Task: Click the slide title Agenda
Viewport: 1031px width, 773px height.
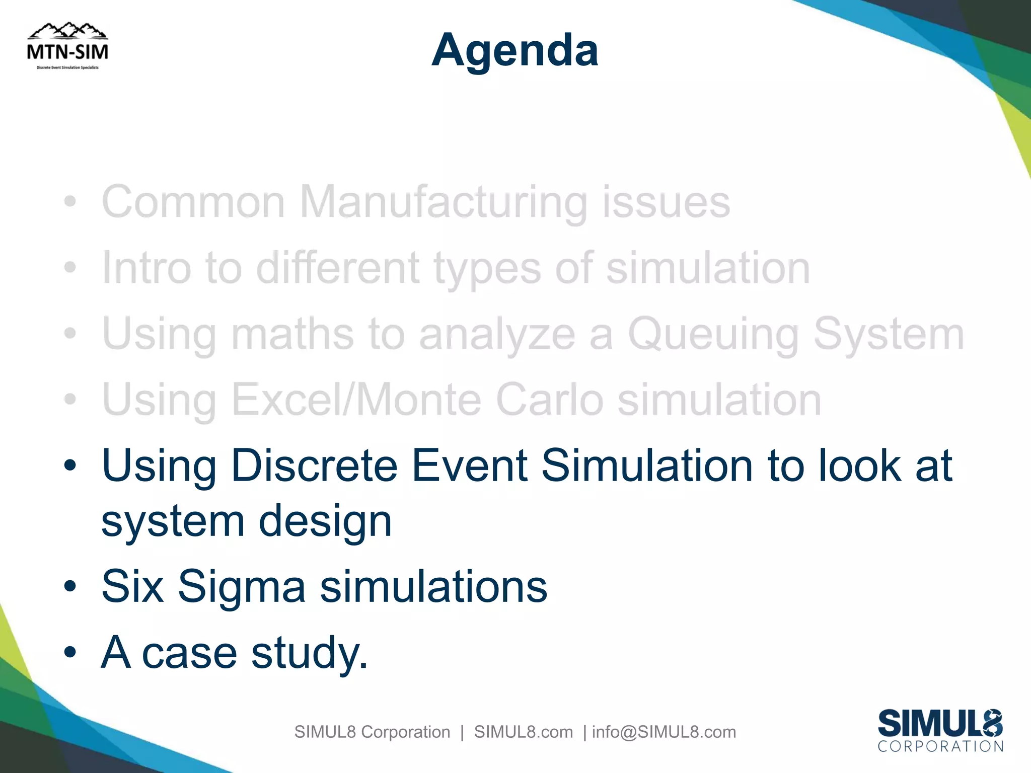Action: pyautogui.click(x=515, y=50)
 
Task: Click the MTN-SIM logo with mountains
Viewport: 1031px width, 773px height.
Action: pyautogui.click(x=67, y=46)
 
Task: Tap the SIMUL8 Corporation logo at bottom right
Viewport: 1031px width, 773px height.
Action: pyautogui.click(x=940, y=731)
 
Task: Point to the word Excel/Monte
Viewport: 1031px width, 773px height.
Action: pyautogui.click(x=356, y=400)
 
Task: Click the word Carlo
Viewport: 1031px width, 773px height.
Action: pyautogui.click(x=549, y=400)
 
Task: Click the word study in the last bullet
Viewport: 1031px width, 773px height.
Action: pyautogui.click(x=308, y=653)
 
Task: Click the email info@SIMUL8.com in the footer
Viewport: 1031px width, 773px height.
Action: pyautogui.click(x=664, y=732)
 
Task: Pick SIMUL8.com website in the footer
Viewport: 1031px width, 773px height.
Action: pyautogui.click(x=523, y=732)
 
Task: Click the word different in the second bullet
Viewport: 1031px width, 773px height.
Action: pyautogui.click(x=337, y=268)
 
